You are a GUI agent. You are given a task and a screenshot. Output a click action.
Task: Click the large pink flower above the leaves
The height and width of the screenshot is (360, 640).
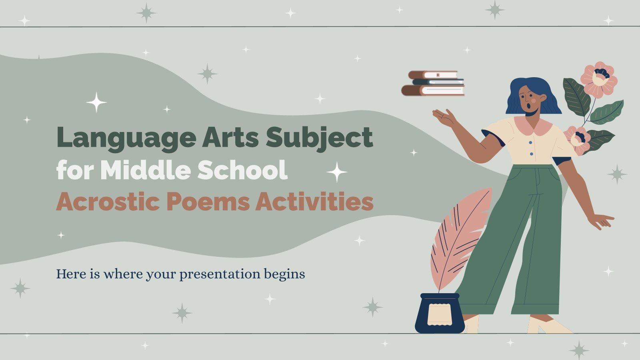coord(599,79)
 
